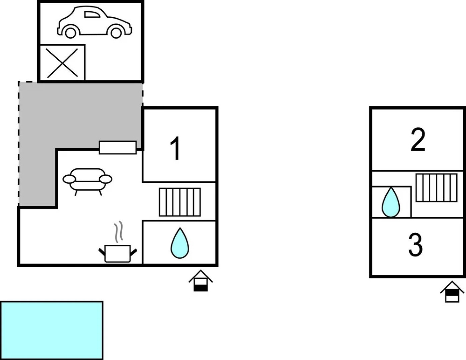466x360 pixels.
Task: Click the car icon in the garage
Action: [x=95, y=22]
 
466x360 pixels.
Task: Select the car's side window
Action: [x=92, y=14]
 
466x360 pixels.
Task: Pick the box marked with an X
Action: [x=62, y=63]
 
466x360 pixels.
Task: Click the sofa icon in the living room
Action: [x=88, y=180]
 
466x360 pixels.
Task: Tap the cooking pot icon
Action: [x=118, y=253]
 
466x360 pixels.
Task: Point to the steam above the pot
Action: [x=119, y=232]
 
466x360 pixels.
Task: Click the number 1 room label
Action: [x=175, y=149]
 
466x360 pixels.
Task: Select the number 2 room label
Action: [x=418, y=140]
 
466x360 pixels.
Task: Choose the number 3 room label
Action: [x=416, y=245]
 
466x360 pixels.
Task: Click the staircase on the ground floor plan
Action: [x=180, y=202]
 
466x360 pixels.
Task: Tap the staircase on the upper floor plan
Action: [x=436, y=187]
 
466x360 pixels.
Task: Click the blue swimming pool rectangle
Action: [x=51, y=330]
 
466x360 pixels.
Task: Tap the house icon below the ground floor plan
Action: [x=201, y=281]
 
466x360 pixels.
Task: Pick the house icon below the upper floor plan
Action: [x=452, y=292]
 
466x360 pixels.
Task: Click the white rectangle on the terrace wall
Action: [x=118, y=148]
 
